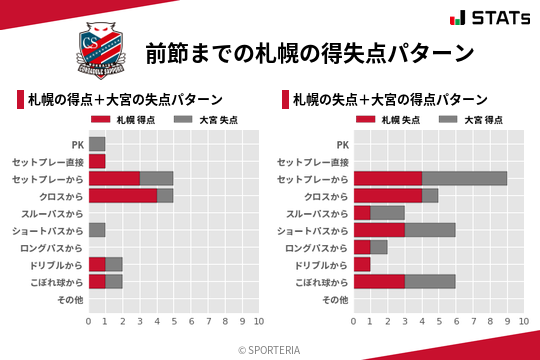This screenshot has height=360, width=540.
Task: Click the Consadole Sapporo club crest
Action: coord(103,51)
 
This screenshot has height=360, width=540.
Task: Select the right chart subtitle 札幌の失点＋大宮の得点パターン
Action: coord(389,100)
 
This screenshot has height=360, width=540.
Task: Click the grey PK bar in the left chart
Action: coord(97,144)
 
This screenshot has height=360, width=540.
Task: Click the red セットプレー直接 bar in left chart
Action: coord(97,161)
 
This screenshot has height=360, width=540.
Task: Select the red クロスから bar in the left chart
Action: coord(122,195)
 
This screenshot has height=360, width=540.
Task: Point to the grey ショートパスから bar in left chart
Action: coord(97,230)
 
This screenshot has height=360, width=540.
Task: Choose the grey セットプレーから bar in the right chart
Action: coord(464,178)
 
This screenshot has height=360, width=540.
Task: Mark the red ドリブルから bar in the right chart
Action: coord(362,264)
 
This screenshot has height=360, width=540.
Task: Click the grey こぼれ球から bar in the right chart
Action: coord(430,282)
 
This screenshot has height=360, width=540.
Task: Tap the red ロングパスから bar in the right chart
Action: coord(362,247)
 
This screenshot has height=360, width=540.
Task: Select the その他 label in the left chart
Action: coord(70,299)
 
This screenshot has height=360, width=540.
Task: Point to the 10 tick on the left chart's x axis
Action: coord(259,321)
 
